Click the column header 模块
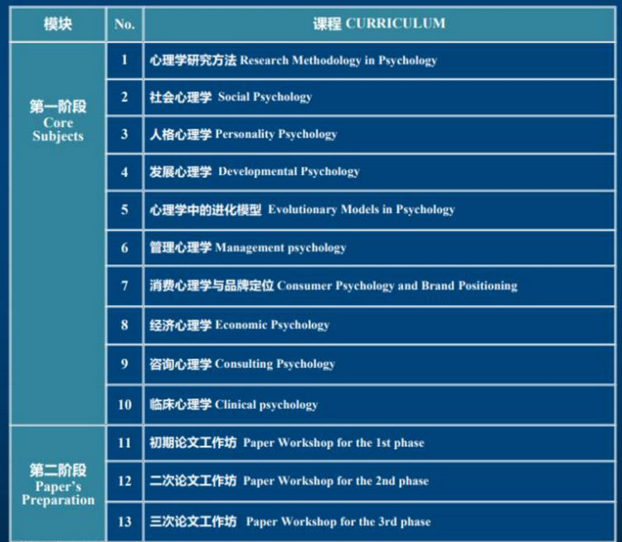click(x=58, y=24)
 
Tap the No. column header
click(x=124, y=24)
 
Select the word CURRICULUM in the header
click(x=396, y=23)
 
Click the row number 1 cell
click(x=124, y=60)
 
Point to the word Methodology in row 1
click(x=327, y=60)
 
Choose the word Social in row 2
click(x=234, y=97)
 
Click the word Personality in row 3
click(x=245, y=134)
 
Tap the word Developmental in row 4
click(x=258, y=172)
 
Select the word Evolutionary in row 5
click(x=303, y=210)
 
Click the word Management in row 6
click(x=250, y=248)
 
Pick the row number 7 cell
click(x=124, y=285)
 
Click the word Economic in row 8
click(x=241, y=325)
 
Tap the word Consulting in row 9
click(x=244, y=364)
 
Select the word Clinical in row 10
click(x=236, y=404)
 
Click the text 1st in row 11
click(x=383, y=443)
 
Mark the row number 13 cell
click(x=124, y=521)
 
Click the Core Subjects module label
click(x=58, y=129)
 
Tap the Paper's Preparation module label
click(x=58, y=493)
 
